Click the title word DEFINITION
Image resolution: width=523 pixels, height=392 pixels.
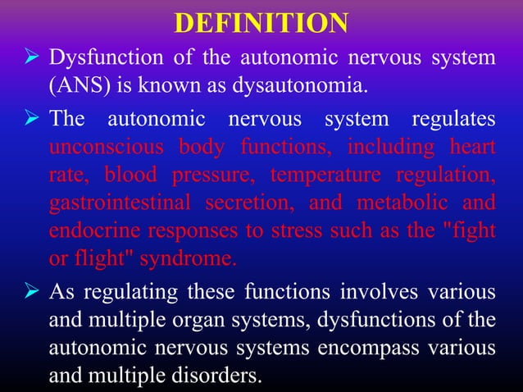pyautogui.click(x=261, y=23)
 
